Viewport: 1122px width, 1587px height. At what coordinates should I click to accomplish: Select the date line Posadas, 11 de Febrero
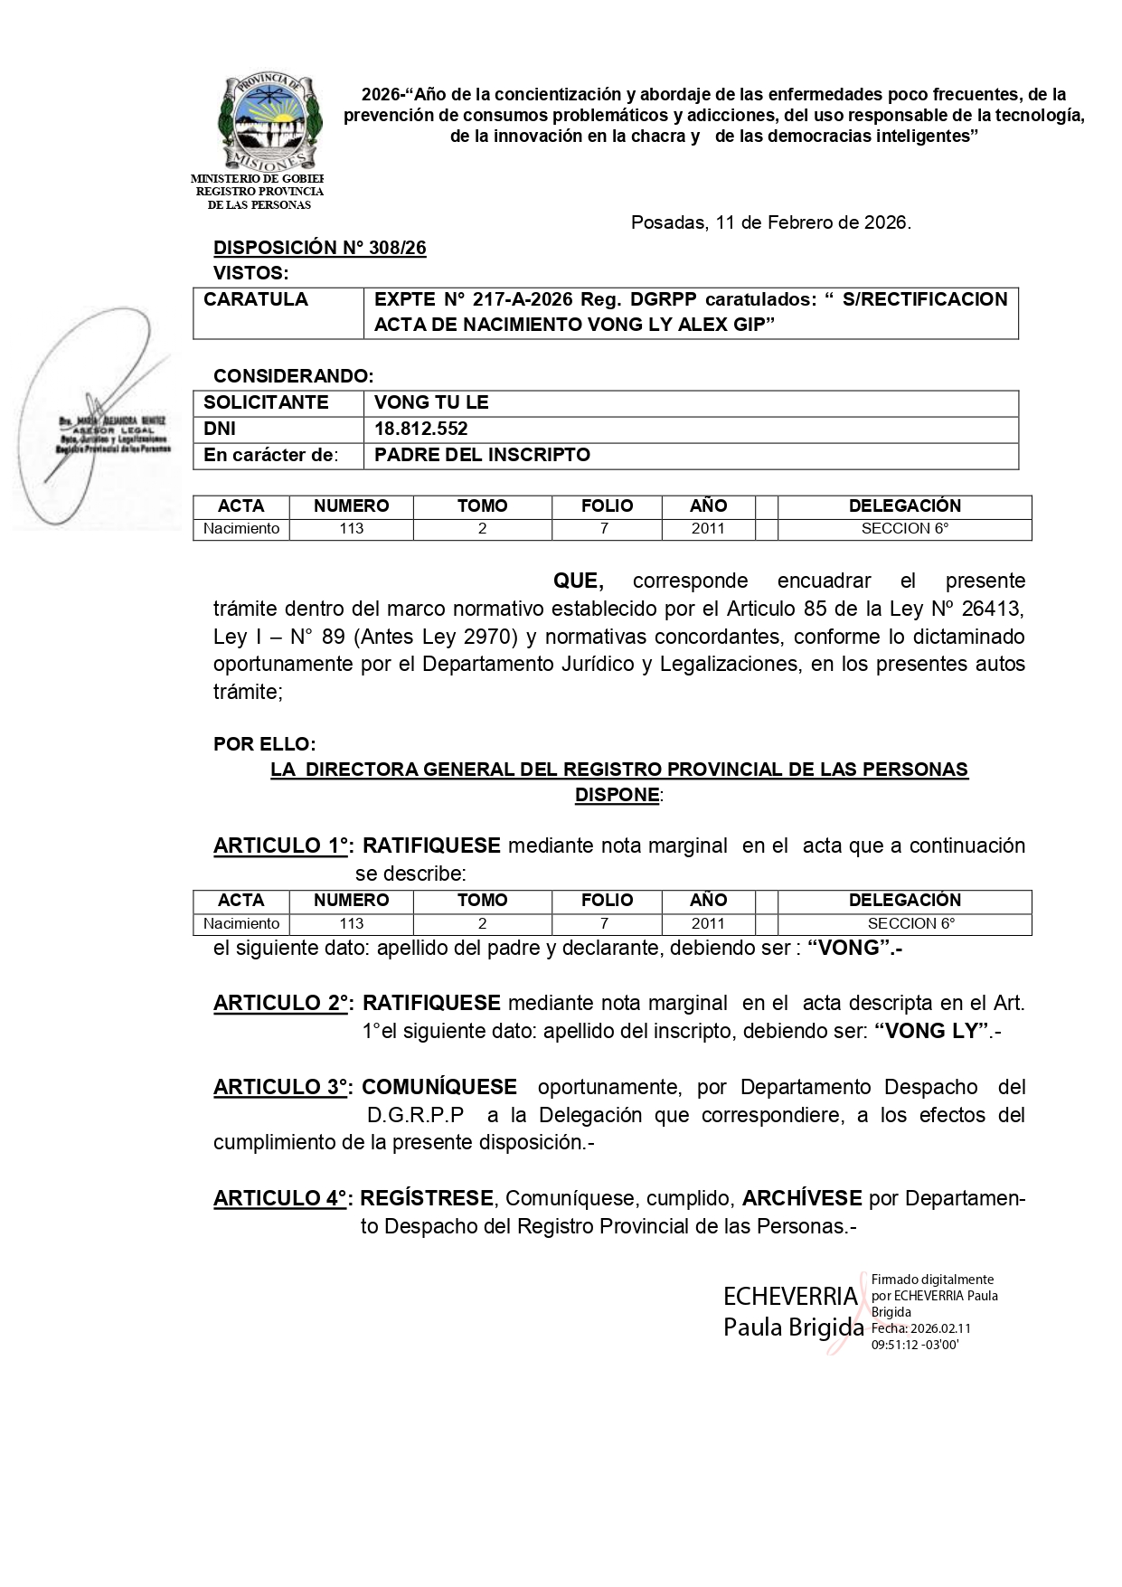[x=770, y=222]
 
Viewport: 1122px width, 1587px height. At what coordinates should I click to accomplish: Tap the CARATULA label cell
[x=256, y=299]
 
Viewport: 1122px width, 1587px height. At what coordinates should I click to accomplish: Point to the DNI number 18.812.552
[x=421, y=429]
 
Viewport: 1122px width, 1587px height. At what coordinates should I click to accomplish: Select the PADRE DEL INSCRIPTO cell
[x=482, y=455]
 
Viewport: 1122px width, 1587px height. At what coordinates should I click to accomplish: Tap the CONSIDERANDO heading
[x=293, y=376]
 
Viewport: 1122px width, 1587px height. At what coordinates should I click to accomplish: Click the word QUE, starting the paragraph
[x=578, y=581]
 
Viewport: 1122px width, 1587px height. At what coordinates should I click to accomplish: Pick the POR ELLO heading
[x=264, y=744]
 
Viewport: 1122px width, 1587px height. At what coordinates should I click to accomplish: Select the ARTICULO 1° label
[x=284, y=846]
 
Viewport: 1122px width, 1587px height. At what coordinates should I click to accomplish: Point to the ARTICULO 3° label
[x=284, y=1087]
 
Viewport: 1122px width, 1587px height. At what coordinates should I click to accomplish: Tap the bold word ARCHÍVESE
[x=801, y=1199]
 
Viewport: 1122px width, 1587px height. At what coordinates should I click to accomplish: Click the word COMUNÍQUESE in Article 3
[x=439, y=1087]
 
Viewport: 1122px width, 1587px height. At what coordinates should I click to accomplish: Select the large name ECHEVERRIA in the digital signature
[x=790, y=1297]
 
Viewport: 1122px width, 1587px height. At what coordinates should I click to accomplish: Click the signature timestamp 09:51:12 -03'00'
[x=914, y=1345]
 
